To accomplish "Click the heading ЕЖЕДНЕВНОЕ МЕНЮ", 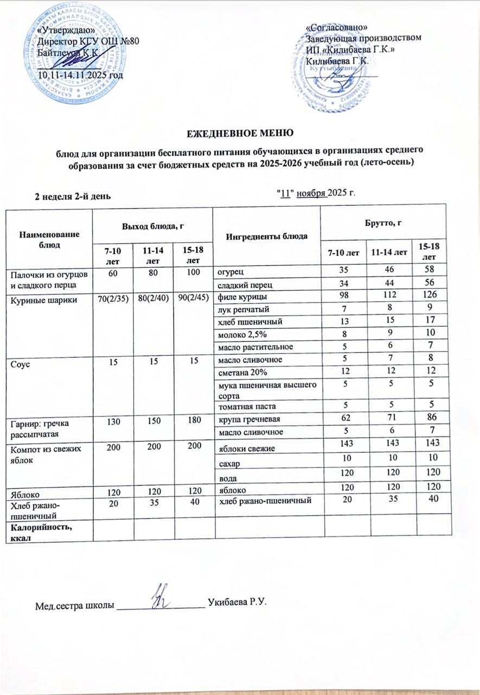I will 240,133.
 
